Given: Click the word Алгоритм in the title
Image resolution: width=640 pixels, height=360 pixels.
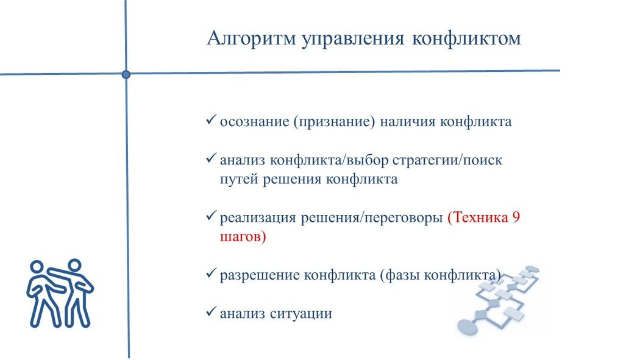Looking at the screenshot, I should click(251, 39).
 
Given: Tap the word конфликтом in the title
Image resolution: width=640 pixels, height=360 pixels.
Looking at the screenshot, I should click(466, 39).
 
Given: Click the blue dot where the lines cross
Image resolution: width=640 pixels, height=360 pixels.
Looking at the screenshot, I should click(126, 74).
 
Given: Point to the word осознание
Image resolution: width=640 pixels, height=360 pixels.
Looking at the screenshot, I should click(254, 121).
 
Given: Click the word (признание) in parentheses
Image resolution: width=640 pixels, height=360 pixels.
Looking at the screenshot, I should click(333, 121).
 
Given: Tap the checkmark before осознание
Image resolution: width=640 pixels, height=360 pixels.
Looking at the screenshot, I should click(211, 120).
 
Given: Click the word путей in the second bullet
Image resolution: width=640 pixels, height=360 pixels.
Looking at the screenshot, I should click(239, 180).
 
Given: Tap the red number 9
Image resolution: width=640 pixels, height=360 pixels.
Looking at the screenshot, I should click(516, 218).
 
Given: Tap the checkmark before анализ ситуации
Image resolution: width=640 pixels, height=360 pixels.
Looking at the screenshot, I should click(211, 312).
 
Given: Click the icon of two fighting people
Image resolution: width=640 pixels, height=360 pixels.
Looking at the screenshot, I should click(59, 292).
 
